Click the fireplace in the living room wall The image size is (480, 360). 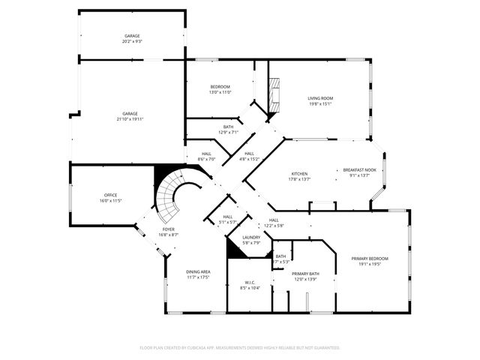coord(274,94)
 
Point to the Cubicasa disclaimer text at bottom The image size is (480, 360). coord(240,347)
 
